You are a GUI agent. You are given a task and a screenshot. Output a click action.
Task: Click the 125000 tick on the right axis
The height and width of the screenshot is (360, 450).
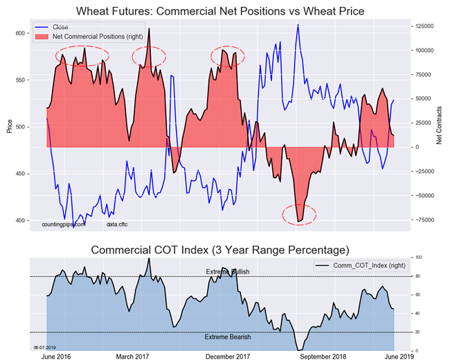[424, 26]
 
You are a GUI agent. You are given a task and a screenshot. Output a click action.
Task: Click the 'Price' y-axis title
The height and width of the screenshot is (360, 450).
[9, 126]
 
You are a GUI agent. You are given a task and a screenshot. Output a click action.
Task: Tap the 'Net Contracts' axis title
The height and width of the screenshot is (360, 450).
[440, 126]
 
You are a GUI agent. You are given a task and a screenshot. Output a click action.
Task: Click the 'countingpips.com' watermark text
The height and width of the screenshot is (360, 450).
[64, 225]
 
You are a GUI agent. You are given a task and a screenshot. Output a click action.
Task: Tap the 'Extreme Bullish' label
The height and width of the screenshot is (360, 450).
[228, 272]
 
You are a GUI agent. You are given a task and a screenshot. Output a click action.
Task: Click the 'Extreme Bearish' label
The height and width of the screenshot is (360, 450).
[228, 337]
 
